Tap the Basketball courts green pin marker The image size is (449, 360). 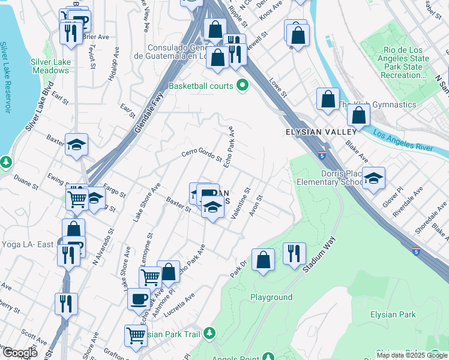tap(243, 86)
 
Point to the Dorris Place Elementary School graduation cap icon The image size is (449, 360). tap(373, 177)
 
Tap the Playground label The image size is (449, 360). tap(271, 297)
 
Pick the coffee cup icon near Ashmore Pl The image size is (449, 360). tap(139, 297)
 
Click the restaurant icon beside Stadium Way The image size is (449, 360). tap(294, 253)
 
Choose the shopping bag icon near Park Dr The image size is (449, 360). tap(263, 259)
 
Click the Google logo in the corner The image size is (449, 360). tap(19, 353)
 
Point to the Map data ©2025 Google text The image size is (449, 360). tap(412, 355)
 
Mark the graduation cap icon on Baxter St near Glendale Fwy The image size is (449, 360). tap(77, 144)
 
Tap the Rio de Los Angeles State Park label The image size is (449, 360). tap(403, 63)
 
